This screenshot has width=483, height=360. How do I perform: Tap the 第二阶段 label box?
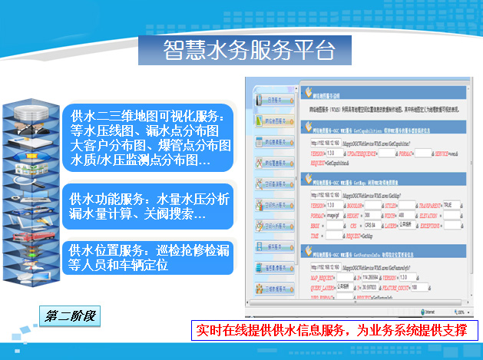coord(73,315)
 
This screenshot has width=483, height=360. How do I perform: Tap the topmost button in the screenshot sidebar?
coord(276,99)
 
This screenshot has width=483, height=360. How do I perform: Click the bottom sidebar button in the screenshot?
coord(276,289)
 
